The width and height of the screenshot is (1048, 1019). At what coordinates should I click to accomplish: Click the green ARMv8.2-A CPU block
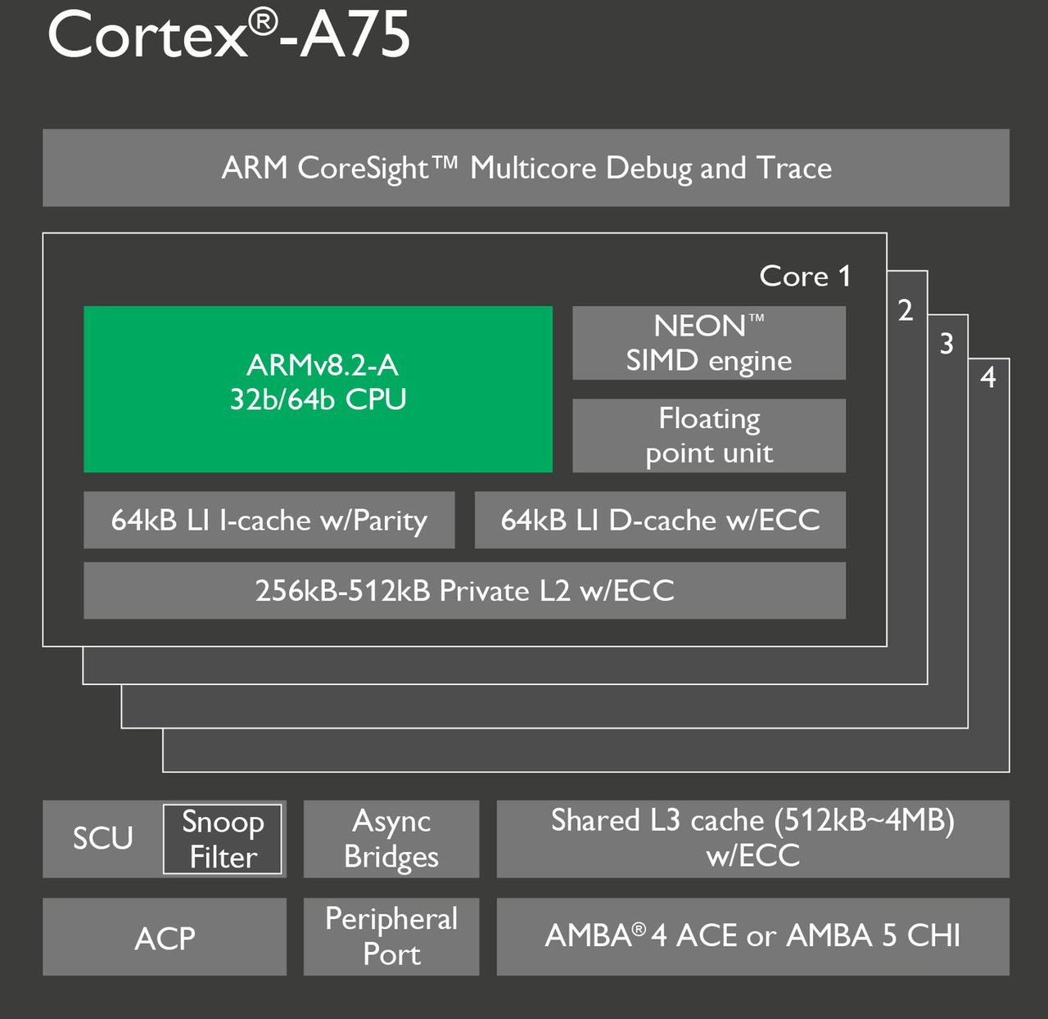[318, 389]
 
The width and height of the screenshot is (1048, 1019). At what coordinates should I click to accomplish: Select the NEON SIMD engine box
[708, 343]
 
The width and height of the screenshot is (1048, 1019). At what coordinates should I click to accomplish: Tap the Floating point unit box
[708, 435]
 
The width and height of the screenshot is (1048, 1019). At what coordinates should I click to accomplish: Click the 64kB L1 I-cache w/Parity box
[269, 520]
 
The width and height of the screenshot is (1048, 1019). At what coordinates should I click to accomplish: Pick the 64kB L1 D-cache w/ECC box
[660, 520]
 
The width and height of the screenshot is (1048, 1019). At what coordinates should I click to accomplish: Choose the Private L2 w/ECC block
[464, 590]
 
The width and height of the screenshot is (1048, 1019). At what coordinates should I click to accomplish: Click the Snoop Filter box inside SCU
[223, 839]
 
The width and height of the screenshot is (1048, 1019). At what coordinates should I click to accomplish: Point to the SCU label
[102, 838]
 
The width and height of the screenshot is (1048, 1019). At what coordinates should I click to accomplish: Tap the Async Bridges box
[391, 839]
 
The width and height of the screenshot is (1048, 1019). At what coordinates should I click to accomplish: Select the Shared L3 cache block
[752, 838]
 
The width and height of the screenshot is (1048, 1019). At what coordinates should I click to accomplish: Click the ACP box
[165, 937]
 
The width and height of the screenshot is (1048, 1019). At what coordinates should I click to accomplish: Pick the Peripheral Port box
[391, 936]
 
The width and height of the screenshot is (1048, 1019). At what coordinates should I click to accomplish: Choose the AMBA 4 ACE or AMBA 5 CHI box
[752, 936]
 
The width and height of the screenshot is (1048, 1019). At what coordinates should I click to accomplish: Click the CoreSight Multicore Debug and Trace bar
[526, 168]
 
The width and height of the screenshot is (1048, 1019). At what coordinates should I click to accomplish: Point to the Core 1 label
[805, 276]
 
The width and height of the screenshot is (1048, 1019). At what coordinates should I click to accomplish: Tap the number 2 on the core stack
[905, 310]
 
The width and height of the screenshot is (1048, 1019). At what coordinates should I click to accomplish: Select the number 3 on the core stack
[946, 343]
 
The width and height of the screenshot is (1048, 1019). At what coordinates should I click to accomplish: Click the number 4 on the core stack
[988, 377]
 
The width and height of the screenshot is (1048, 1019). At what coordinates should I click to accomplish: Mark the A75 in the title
[355, 36]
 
